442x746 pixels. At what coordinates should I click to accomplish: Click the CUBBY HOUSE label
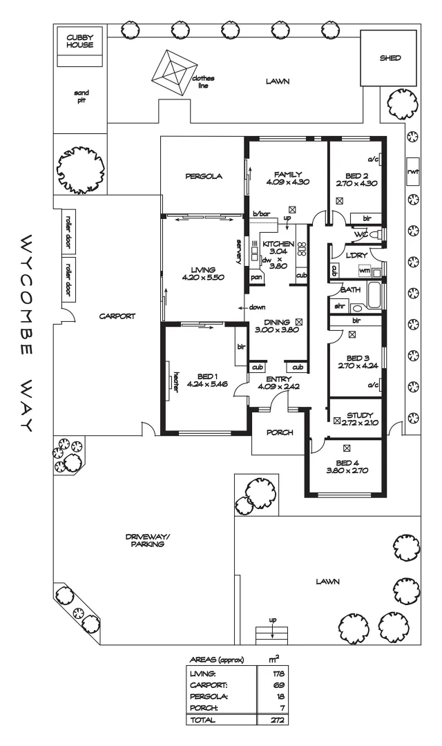(80, 40)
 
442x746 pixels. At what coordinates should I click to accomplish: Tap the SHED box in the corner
(390, 59)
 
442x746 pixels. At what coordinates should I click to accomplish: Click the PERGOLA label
(204, 176)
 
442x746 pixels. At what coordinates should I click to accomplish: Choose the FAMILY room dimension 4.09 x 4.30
(287, 182)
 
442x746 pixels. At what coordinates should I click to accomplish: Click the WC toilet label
(361, 235)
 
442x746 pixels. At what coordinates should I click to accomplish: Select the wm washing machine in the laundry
(364, 270)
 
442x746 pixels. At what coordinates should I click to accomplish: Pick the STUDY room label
(360, 415)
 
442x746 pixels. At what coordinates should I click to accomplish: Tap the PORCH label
(278, 433)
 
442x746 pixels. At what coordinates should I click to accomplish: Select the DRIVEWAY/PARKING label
(145, 539)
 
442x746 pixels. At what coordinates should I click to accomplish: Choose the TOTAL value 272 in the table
(278, 720)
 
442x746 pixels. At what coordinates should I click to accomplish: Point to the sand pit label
(81, 95)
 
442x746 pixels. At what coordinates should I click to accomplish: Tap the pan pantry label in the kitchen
(256, 277)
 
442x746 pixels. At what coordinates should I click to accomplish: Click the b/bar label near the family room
(261, 214)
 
